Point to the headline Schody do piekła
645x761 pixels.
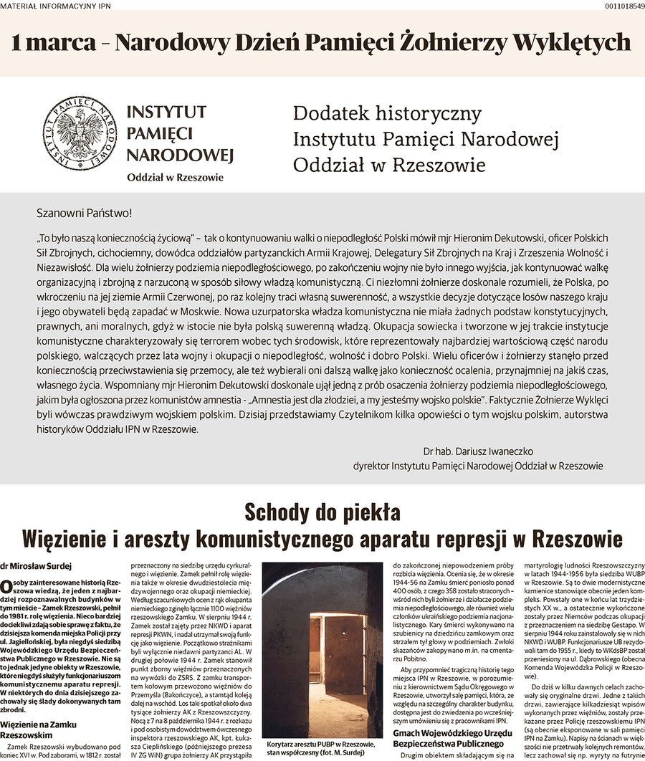(322, 512)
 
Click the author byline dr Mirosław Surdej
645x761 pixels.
(31, 566)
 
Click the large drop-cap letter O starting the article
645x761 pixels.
(6, 586)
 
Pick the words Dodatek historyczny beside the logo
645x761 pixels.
(387, 114)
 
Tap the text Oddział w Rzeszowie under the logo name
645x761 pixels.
(175, 177)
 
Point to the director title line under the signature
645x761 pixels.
(478, 466)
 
